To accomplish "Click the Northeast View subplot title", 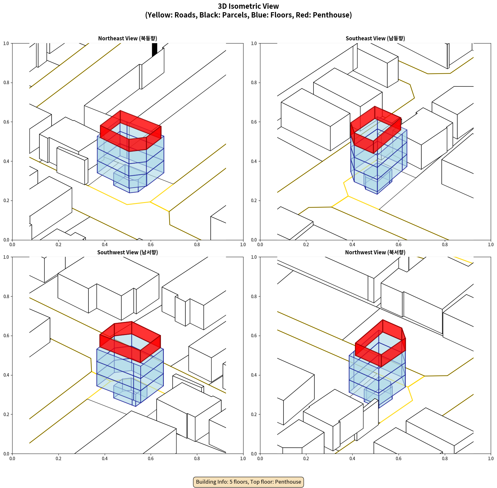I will click(x=128, y=38).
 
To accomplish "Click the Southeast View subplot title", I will click(x=375, y=38).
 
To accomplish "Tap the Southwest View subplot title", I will click(x=128, y=252).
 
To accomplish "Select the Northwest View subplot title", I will click(x=375, y=252).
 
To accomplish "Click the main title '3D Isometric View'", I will click(x=248, y=6).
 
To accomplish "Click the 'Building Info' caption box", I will click(x=248, y=482).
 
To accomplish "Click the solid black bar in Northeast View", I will click(x=154, y=49).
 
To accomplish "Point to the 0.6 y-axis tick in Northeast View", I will click(x=6, y=122).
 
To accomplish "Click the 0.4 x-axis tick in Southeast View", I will click(x=352, y=245).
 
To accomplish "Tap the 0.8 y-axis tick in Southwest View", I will click(x=6, y=297).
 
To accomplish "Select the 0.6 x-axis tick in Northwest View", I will click(x=399, y=459).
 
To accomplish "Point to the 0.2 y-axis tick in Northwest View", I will click(x=254, y=414).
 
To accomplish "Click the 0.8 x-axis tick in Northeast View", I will click(x=197, y=245).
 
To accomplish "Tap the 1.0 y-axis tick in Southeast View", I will click(x=254, y=43).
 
